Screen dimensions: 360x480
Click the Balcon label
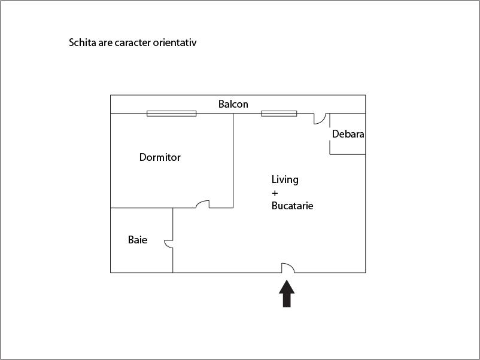tap(233, 104)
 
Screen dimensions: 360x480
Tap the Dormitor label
tap(160, 158)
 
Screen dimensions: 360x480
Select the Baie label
tap(138, 240)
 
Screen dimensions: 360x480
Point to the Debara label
tap(348, 134)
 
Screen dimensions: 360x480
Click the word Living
tap(285, 179)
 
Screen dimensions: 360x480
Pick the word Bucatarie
tap(293, 206)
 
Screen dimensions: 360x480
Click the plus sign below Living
tap(275, 193)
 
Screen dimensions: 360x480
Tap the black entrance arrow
tap(287, 294)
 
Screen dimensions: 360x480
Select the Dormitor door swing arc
tap(203, 203)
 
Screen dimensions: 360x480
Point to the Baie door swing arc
tap(168, 243)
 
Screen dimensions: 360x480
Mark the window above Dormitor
tap(172, 113)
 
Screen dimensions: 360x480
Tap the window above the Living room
tap(279, 113)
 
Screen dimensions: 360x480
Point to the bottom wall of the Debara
tap(347, 154)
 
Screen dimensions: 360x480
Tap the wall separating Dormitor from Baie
tap(142, 208)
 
